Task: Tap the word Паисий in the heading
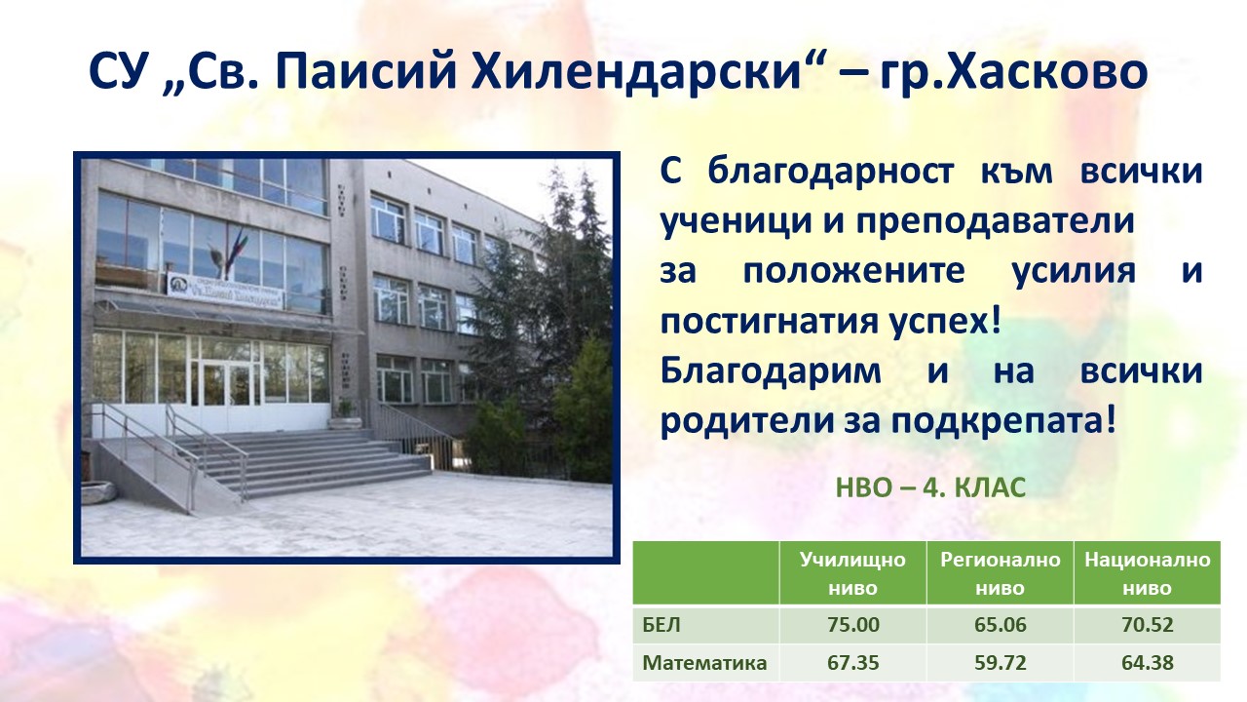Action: [x=366, y=72]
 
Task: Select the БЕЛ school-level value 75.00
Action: [x=852, y=625]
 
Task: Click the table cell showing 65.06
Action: [x=1000, y=625]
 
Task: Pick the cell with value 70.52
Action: [x=1147, y=625]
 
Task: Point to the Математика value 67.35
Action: [x=852, y=662]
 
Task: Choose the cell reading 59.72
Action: [x=1000, y=662]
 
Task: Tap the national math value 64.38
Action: [x=1147, y=662]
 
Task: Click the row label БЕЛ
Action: [x=661, y=625]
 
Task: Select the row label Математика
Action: [x=704, y=662]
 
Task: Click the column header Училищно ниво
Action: [x=852, y=573]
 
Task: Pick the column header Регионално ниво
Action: [x=1000, y=573]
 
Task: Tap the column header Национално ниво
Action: [x=1147, y=573]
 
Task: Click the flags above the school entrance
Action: [x=231, y=253]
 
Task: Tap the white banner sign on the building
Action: [x=225, y=292]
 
